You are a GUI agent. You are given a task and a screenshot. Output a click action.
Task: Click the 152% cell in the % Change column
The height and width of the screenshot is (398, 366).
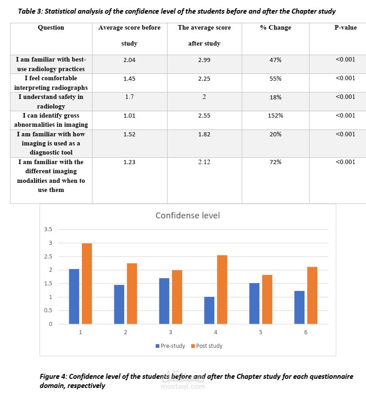pyautogui.click(x=275, y=116)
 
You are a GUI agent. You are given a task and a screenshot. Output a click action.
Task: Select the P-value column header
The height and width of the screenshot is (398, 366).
pyautogui.click(x=346, y=28)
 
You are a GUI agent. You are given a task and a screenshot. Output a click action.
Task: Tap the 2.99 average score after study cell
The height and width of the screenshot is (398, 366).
pyautogui.click(x=204, y=60)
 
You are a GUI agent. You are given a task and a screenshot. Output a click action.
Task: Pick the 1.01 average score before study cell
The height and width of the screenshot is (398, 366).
pyautogui.click(x=129, y=116)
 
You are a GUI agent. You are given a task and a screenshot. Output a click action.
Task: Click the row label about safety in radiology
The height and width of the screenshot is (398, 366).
pyautogui.click(x=51, y=101)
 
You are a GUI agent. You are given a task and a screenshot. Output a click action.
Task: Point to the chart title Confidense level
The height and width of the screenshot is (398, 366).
pyautogui.click(x=188, y=215)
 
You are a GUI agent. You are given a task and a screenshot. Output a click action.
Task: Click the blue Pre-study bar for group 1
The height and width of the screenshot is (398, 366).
pyautogui.click(x=74, y=296)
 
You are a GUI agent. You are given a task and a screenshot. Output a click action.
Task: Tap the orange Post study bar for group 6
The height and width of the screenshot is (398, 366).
pyautogui.click(x=312, y=295)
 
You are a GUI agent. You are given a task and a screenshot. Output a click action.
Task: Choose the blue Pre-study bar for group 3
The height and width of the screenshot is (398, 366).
pyautogui.click(x=164, y=301)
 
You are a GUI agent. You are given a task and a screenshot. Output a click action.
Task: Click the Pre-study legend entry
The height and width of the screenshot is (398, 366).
pyautogui.click(x=170, y=346)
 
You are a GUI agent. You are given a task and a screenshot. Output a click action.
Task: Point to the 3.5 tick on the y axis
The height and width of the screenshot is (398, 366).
pyautogui.click(x=48, y=229)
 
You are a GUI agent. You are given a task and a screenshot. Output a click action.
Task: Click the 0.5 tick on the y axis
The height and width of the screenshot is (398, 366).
pyautogui.click(x=48, y=310)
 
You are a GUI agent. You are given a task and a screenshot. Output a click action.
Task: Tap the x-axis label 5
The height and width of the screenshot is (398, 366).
pyautogui.click(x=261, y=332)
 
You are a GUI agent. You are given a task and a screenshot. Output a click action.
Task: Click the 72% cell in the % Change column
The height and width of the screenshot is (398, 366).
pyautogui.click(x=275, y=162)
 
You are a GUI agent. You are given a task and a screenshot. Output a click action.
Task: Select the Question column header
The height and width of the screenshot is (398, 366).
pyautogui.click(x=51, y=28)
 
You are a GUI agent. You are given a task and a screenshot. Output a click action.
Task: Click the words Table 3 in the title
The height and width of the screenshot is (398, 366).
pyautogui.click(x=30, y=11)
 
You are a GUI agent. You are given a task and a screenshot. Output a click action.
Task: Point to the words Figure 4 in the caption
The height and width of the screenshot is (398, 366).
pyautogui.click(x=53, y=377)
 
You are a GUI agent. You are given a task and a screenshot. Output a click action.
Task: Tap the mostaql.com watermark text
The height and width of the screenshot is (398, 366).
pyautogui.click(x=183, y=387)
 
